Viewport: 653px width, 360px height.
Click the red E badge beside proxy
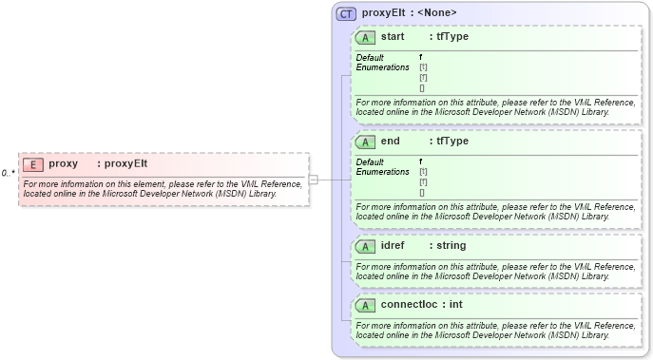(x=33, y=163)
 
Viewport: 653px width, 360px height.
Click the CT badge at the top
(x=347, y=13)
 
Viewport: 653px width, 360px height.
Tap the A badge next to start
(x=365, y=37)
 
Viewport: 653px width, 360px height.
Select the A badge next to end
(x=365, y=142)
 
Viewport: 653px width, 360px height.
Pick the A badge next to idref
(x=365, y=246)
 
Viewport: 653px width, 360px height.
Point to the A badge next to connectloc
(x=365, y=306)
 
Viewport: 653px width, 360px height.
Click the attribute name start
(x=393, y=37)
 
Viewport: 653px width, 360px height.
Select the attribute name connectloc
(x=410, y=306)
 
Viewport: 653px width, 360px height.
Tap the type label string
(x=451, y=246)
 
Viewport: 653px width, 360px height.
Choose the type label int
(x=455, y=306)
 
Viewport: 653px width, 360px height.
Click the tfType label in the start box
(x=451, y=37)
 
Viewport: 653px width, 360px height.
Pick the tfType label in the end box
(x=451, y=142)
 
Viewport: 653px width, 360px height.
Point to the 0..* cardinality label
(x=8, y=173)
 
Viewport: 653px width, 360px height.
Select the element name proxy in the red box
(x=63, y=163)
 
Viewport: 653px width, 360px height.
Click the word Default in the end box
(x=370, y=162)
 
